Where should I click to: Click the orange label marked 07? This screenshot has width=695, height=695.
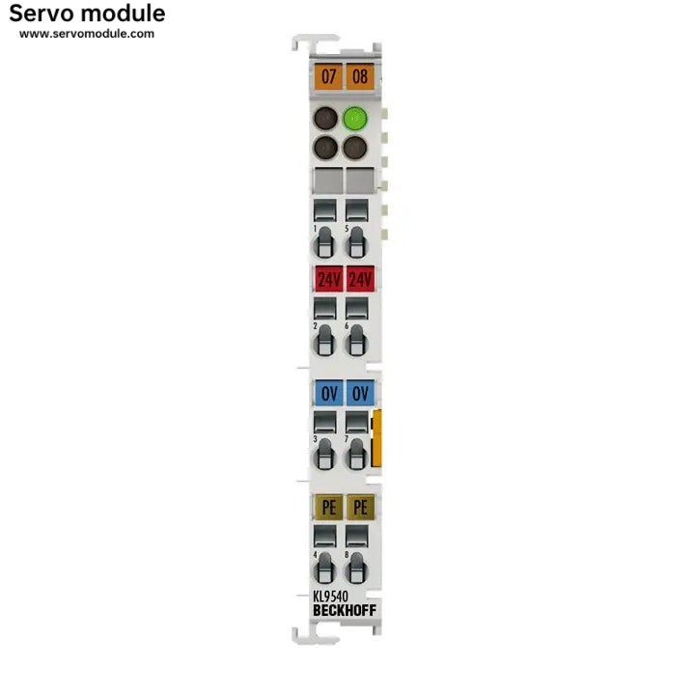point(328,76)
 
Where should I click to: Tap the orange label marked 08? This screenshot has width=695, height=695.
point(360,76)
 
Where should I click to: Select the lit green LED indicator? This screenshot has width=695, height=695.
point(355,119)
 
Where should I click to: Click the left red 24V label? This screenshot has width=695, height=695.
point(328,279)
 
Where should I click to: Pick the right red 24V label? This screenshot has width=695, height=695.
point(360,279)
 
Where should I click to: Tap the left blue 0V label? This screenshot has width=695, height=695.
point(328,393)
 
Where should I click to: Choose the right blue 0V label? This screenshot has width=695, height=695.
point(360,393)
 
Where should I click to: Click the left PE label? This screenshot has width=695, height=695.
point(328,507)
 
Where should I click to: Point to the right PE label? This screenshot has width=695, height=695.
point(360,507)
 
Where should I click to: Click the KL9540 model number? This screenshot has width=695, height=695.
point(331,597)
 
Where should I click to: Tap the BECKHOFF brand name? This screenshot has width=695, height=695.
point(345,610)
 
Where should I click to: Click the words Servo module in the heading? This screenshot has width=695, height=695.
point(87,14)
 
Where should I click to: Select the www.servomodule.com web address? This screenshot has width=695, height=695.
point(87,34)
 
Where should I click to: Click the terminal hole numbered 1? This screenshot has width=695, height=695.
point(325,242)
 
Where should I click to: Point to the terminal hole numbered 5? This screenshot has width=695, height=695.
point(356,242)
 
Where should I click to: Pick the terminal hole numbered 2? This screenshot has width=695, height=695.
point(325,341)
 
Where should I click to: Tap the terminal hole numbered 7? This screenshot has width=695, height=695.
point(356,455)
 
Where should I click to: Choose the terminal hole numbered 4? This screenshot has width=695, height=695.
point(325,569)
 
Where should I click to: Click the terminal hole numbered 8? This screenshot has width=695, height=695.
point(356,569)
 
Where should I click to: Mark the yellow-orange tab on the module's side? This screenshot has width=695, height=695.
point(376,438)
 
